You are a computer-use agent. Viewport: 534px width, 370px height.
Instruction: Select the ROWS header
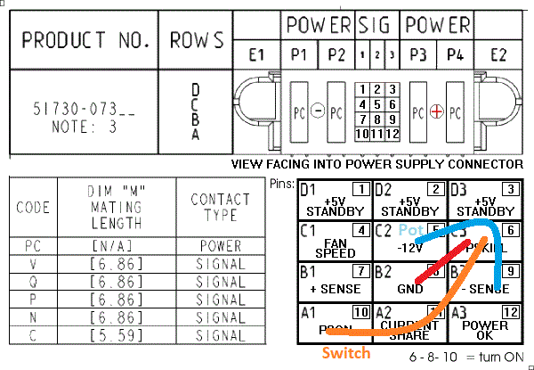click(x=196, y=40)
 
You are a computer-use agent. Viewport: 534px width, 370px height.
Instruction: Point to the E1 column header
click(x=257, y=55)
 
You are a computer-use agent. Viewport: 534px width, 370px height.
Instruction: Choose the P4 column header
click(x=455, y=55)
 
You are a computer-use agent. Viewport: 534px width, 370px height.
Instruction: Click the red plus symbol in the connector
click(x=436, y=113)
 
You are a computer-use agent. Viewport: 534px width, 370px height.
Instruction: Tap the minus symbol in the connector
click(x=318, y=113)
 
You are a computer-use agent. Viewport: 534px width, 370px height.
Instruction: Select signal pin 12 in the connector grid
click(x=392, y=134)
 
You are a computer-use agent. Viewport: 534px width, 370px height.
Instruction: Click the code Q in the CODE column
click(x=33, y=283)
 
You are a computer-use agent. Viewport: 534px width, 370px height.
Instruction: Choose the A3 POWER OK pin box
click(x=485, y=322)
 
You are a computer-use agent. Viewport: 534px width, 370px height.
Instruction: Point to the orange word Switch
click(x=345, y=352)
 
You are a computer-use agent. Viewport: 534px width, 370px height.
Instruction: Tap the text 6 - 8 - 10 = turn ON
click(x=465, y=357)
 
